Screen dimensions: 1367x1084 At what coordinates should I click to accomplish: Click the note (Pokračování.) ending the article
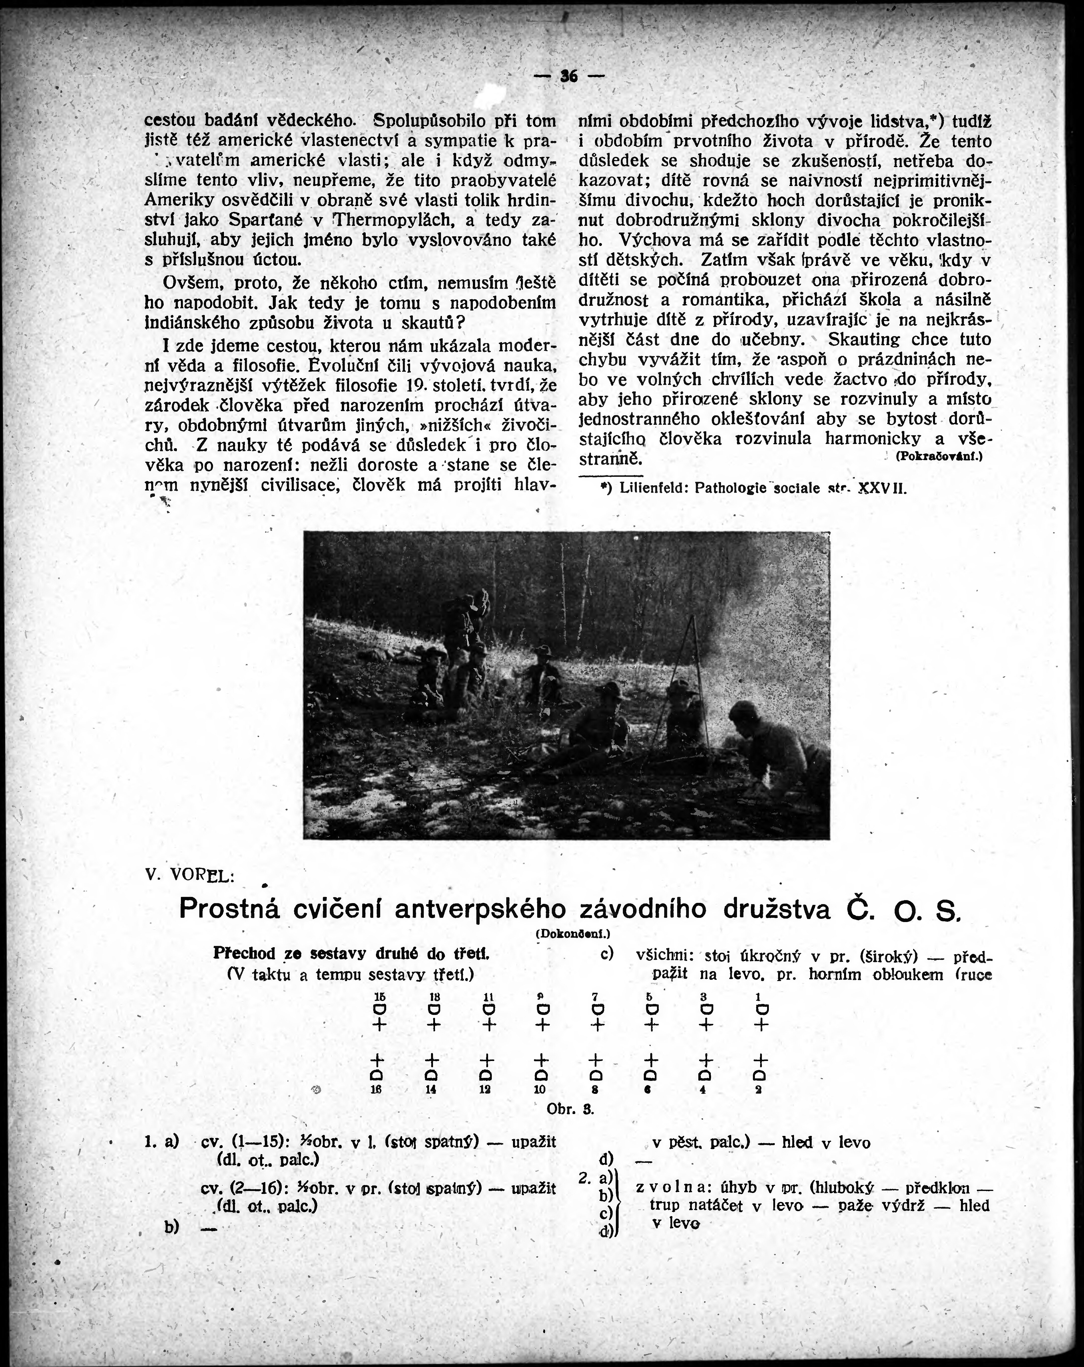(x=939, y=456)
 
